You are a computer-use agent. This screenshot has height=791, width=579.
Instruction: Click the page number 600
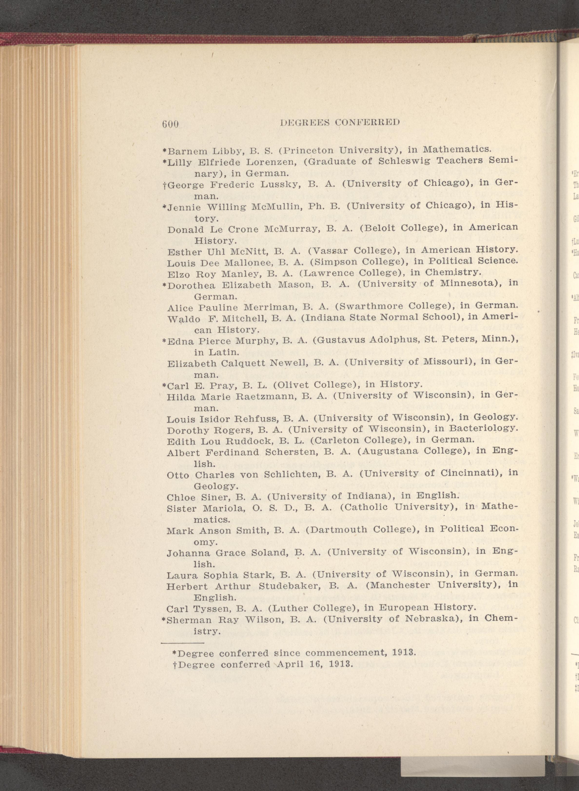(171, 124)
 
